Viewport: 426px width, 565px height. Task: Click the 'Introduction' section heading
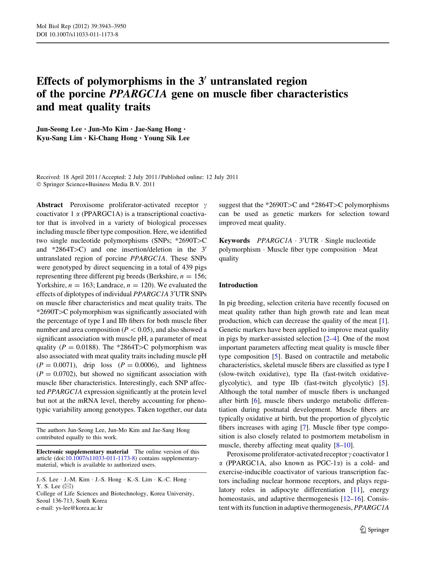pos(238,285)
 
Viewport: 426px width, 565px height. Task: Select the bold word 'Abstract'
pos(49,205)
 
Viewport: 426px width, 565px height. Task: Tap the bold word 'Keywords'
pos(234,241)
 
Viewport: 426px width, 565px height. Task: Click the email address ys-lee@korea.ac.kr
pos(79,508)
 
